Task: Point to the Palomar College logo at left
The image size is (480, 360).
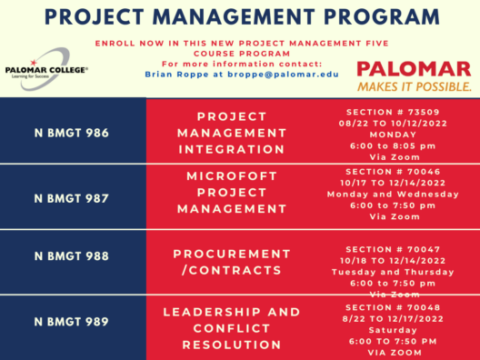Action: tap(46, 71)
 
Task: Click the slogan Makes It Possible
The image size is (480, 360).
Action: tap(414, 87)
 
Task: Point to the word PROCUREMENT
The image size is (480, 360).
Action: tap(232, 253)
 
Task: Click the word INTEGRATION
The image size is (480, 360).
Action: tap(231, 149)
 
